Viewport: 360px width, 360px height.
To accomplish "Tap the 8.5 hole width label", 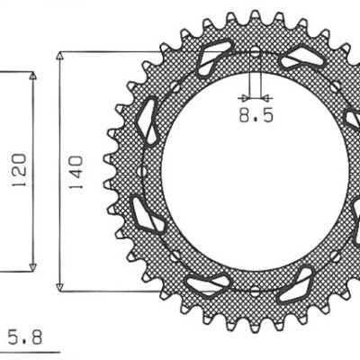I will tap(254, 115).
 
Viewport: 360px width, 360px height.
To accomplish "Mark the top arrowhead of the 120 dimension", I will tap(33, 77).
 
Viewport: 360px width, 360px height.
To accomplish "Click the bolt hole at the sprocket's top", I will tap(255, 51).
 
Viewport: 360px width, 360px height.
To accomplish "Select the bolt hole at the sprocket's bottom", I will tap(255, 290).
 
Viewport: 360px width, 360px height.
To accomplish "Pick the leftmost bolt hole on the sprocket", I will tap(141, 171).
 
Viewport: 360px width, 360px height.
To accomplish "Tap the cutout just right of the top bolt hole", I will tap(296, 60).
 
